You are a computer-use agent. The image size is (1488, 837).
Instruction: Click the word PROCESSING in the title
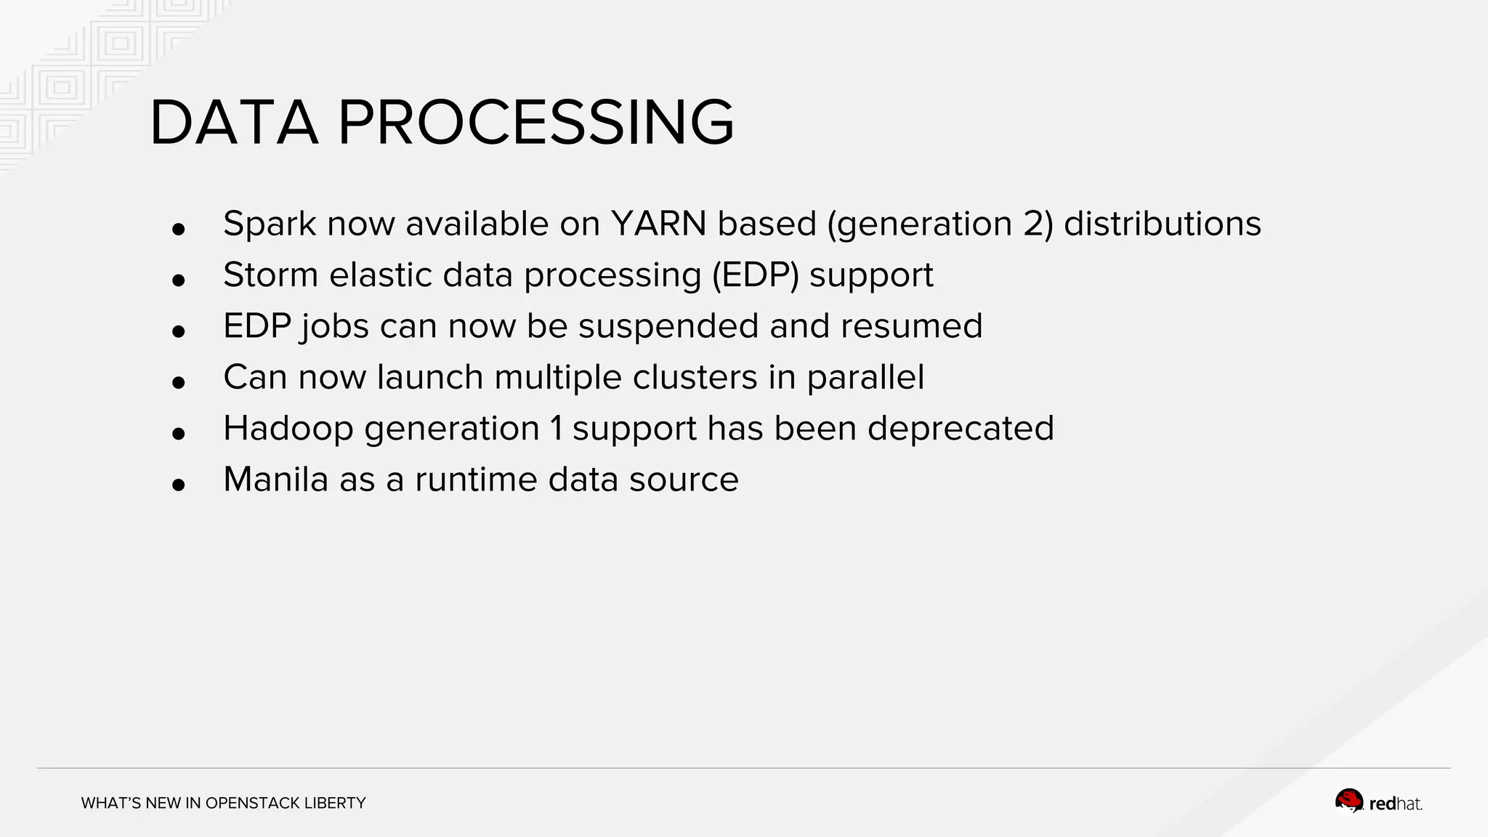535,124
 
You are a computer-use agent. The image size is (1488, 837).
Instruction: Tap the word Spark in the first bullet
270,224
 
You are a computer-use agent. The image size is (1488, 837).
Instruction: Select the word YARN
658,224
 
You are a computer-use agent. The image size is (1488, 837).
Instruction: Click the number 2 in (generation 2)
1033,224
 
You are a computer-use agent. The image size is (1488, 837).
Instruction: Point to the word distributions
1162,224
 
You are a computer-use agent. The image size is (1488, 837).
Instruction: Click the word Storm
270,275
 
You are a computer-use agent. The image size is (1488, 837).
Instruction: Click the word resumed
911,326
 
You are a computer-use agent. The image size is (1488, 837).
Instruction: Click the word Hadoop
288,429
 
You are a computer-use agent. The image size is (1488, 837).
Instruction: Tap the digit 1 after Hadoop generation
556,429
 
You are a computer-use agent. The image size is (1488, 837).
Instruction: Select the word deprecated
960,429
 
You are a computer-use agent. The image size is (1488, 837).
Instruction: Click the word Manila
275,480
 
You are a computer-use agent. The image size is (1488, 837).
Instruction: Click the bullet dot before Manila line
179,485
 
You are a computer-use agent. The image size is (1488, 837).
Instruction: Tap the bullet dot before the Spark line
179,230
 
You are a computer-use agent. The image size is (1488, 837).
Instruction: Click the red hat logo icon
1349,801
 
